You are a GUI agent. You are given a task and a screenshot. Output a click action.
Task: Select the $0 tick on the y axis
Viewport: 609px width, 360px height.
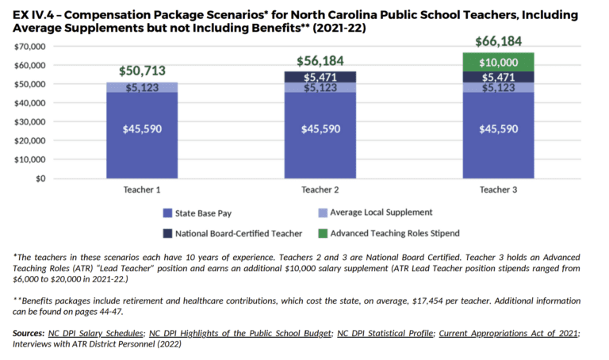coord(39,178)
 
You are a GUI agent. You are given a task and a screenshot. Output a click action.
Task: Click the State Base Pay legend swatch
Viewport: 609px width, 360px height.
coord(167,213)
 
